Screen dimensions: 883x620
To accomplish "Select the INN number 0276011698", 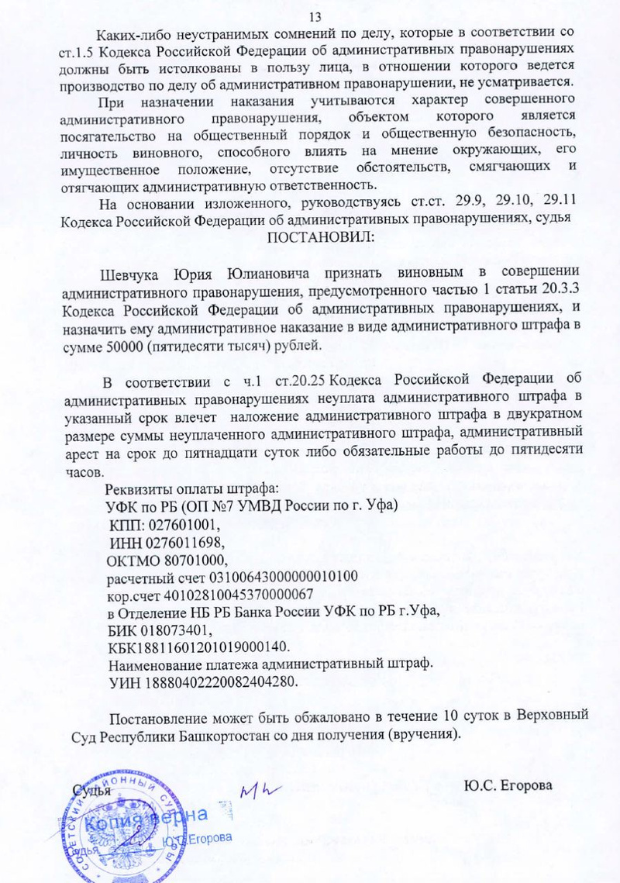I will point(171,540).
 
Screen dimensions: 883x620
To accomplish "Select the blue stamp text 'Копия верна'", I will point(147,820).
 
